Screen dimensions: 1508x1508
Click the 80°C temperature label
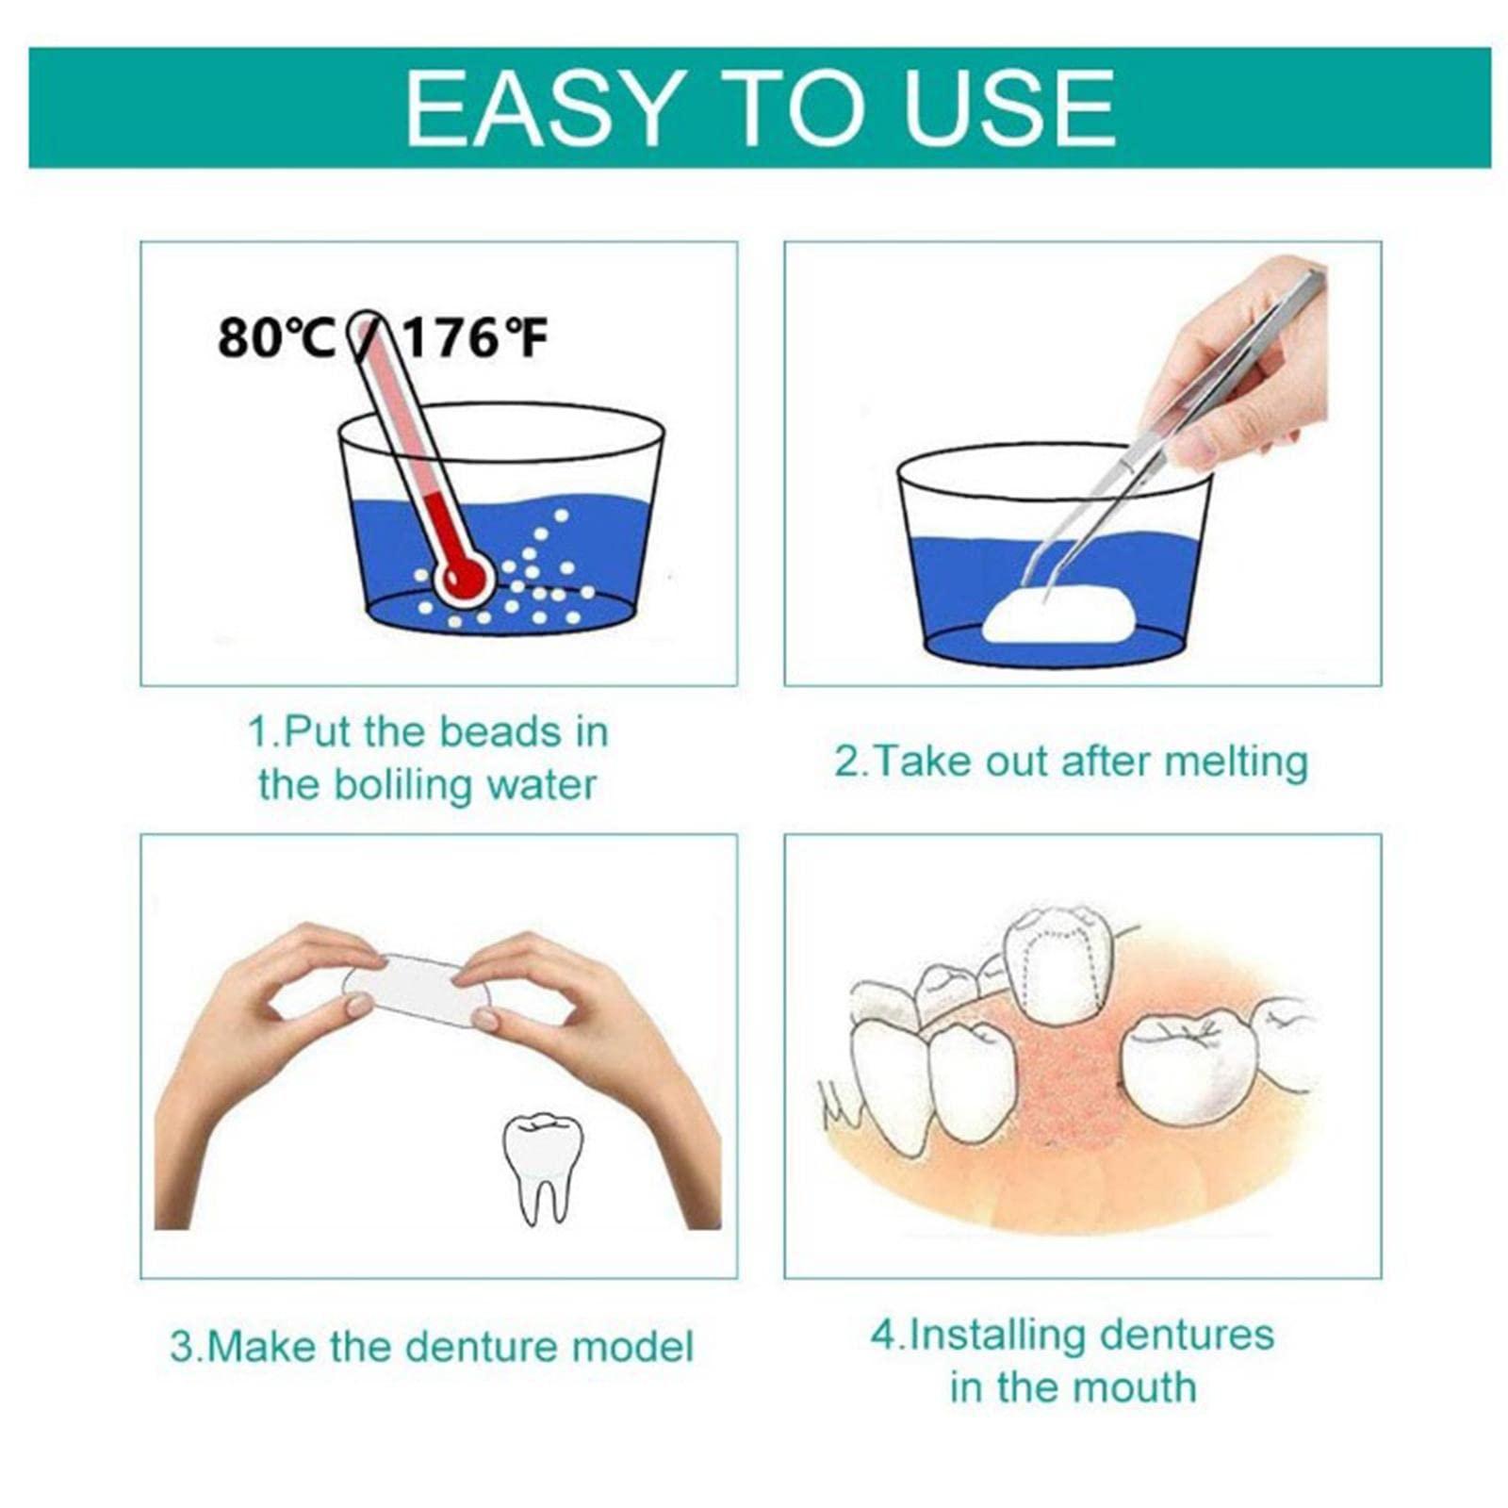275,338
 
